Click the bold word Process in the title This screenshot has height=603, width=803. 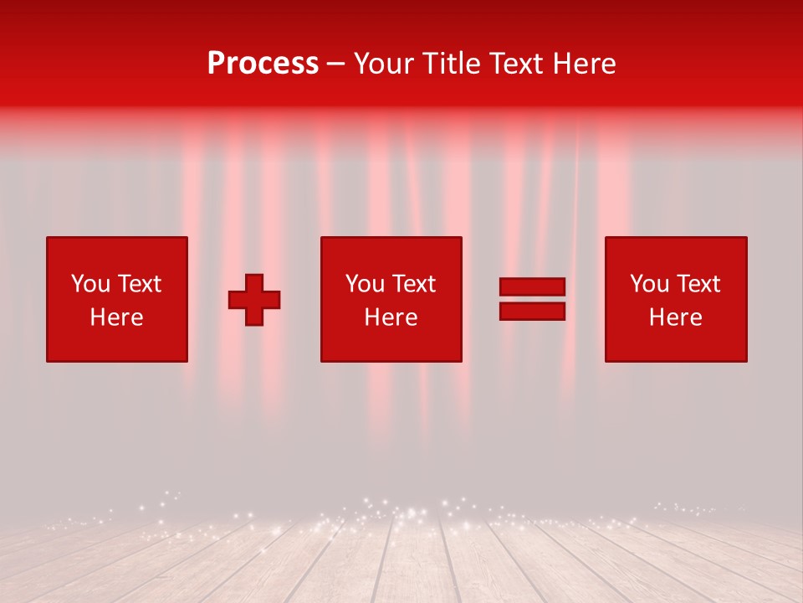[263, 64]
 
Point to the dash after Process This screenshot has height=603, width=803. [336, 64]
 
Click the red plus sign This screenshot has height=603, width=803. [254, 300]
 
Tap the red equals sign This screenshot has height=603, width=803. [532, 299]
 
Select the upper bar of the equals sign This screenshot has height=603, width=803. [532, 287]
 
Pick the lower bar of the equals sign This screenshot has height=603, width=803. [532, 312]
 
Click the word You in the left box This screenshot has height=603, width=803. [90, 284]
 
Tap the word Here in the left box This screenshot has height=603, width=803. [116, 317]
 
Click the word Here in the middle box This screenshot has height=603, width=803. [391, 317]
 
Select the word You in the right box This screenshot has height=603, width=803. [649, 284]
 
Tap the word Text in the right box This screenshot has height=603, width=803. [698, 284]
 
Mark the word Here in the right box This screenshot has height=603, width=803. [675, 317]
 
